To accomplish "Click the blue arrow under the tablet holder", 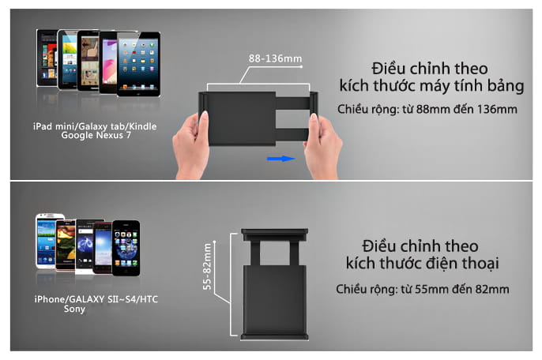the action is tap(281, 159).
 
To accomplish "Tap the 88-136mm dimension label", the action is tap(275, 58).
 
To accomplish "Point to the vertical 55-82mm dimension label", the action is tap(207, 266).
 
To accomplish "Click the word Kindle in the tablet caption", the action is tap(143, 126).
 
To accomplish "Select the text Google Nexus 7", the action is tap(96, 135).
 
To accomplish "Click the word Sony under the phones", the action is tap(74, 309).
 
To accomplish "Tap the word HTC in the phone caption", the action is tap(149, 299).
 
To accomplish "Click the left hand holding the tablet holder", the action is tap(191, 145).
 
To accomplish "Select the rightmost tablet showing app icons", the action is tap(138, 64).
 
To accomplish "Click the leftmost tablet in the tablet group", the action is tap(47, 58).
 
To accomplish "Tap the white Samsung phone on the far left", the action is tap(49, 241).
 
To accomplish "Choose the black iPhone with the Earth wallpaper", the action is tap(126, 248).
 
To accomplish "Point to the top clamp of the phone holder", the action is tap(275, 234).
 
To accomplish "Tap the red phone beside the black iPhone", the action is tap(103, 248).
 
